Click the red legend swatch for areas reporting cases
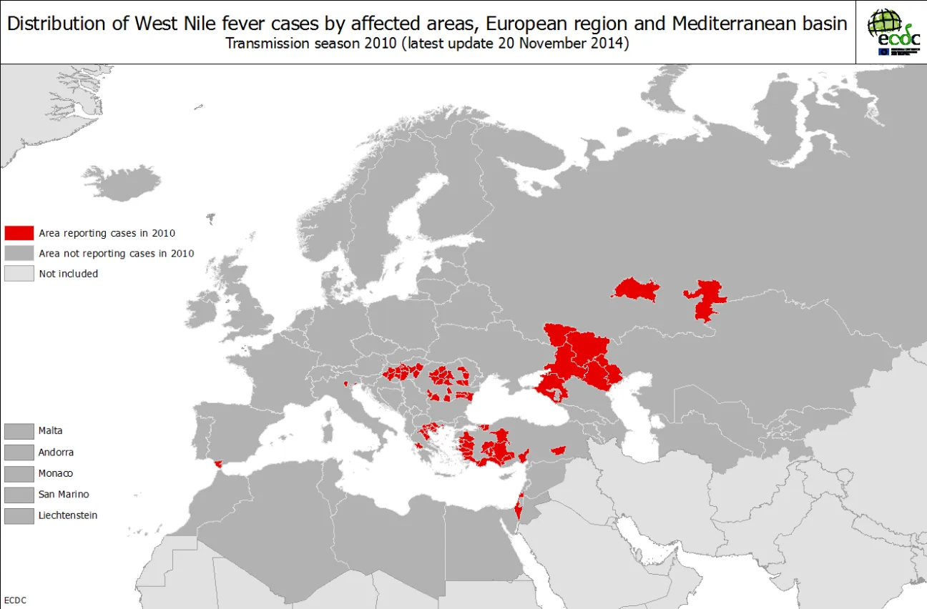19,233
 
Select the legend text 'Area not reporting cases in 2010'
116,253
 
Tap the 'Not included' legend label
68,273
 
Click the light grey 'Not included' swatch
19,273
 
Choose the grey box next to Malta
19,431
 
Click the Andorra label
56,452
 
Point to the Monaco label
56,473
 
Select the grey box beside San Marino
19,495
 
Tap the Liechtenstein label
68,515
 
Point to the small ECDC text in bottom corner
15,600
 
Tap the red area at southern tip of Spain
217,463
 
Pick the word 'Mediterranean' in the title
732,24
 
